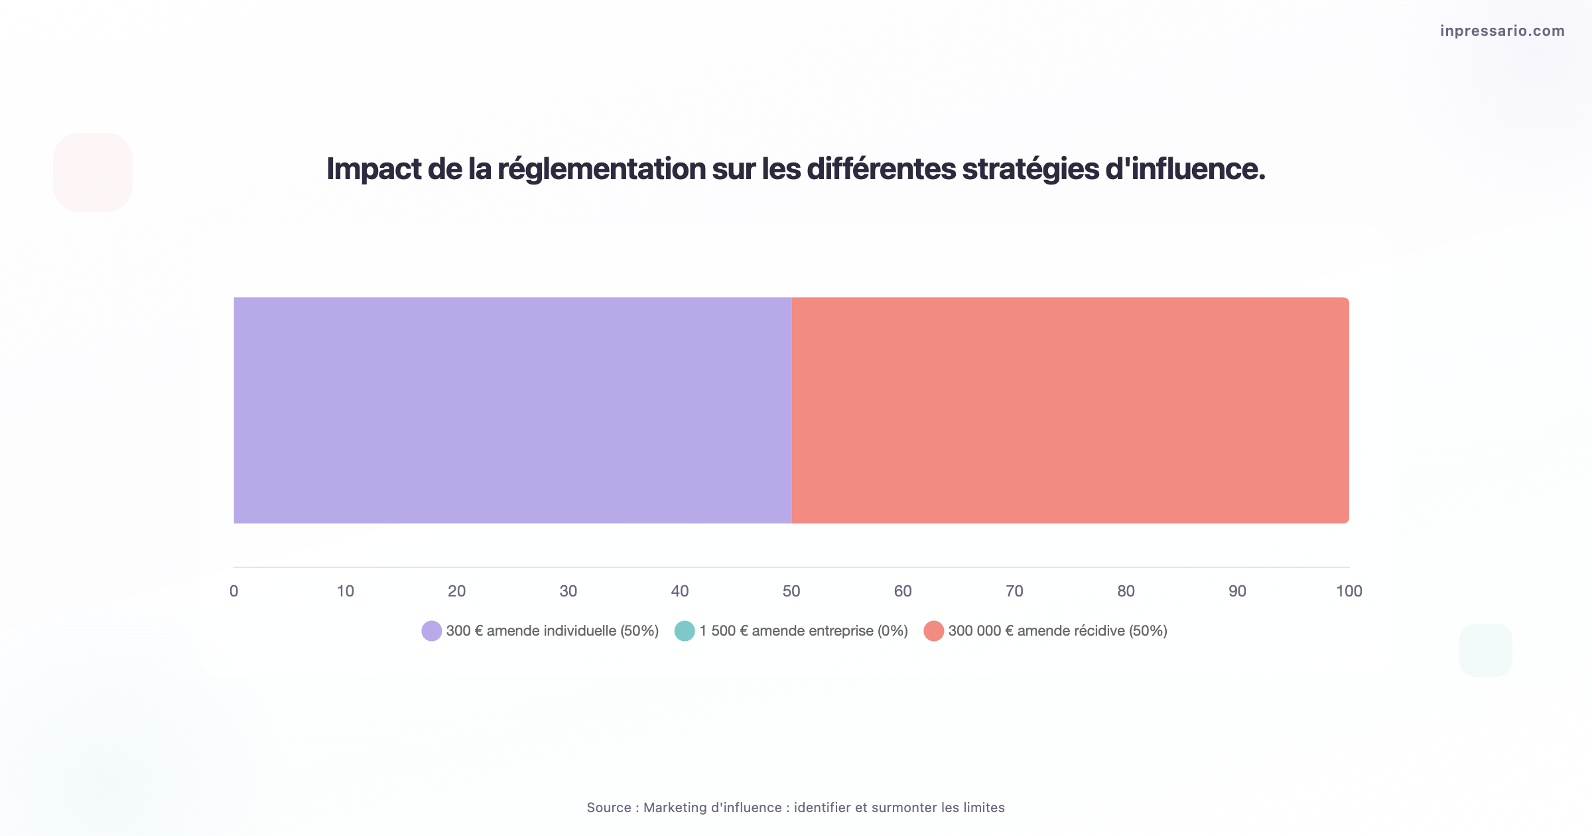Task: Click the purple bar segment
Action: [512, 410]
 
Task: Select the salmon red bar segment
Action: [1070, 410]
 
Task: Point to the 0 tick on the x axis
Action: [233, 591]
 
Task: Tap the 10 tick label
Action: [345, 591]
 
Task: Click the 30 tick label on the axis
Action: [568, 591]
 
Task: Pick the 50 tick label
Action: [791, 591]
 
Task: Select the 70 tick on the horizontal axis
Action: [1014, 591]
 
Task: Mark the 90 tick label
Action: [1237, 591]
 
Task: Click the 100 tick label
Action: [1349, 591]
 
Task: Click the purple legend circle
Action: [432, 631]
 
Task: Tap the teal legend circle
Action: [685, 631]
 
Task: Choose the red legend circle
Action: [933, 631]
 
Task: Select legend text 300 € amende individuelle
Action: [552, 631]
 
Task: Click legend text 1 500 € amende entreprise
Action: [803, 631]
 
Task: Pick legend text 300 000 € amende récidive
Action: [1057, 631]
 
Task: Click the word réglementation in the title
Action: [601, 169]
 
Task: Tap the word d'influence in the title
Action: [1185, 169]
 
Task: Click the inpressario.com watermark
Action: [1502, 31]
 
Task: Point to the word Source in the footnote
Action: [609, 807]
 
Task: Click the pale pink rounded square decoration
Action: [93, 173]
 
